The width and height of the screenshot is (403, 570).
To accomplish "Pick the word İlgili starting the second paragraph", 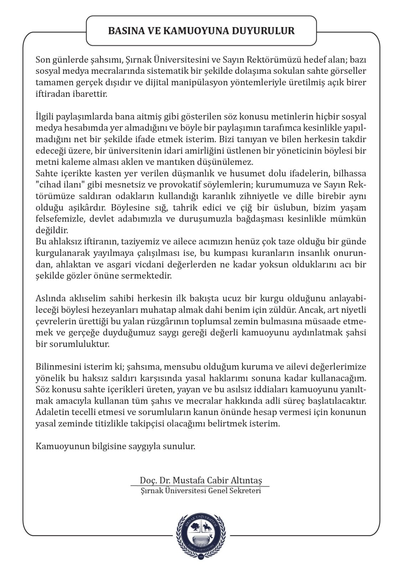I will (x=45, y=116).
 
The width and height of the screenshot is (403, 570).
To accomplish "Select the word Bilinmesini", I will (x=58, y=367).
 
